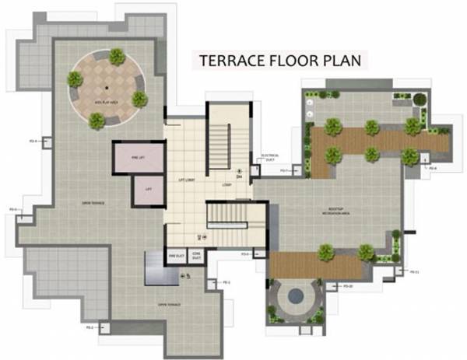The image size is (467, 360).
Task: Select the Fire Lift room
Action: coord(139,157)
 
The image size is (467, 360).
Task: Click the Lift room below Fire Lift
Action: coord(148,190)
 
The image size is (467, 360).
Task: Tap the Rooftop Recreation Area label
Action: coord(333,211)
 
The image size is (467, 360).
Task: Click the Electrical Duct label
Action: coord(270,156)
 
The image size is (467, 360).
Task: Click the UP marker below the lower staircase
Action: coord(202,236)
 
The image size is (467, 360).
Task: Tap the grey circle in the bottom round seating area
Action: coord(297,295)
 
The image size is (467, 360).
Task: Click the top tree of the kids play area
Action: coord(117,56)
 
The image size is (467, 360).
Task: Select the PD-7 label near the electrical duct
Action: coord(285,170)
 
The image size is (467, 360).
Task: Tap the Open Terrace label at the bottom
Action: coord(169,304)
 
